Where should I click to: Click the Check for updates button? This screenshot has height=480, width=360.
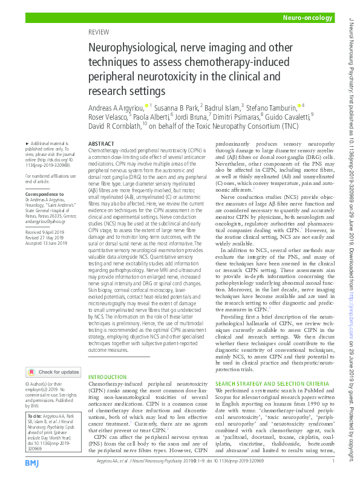[53, 372]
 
